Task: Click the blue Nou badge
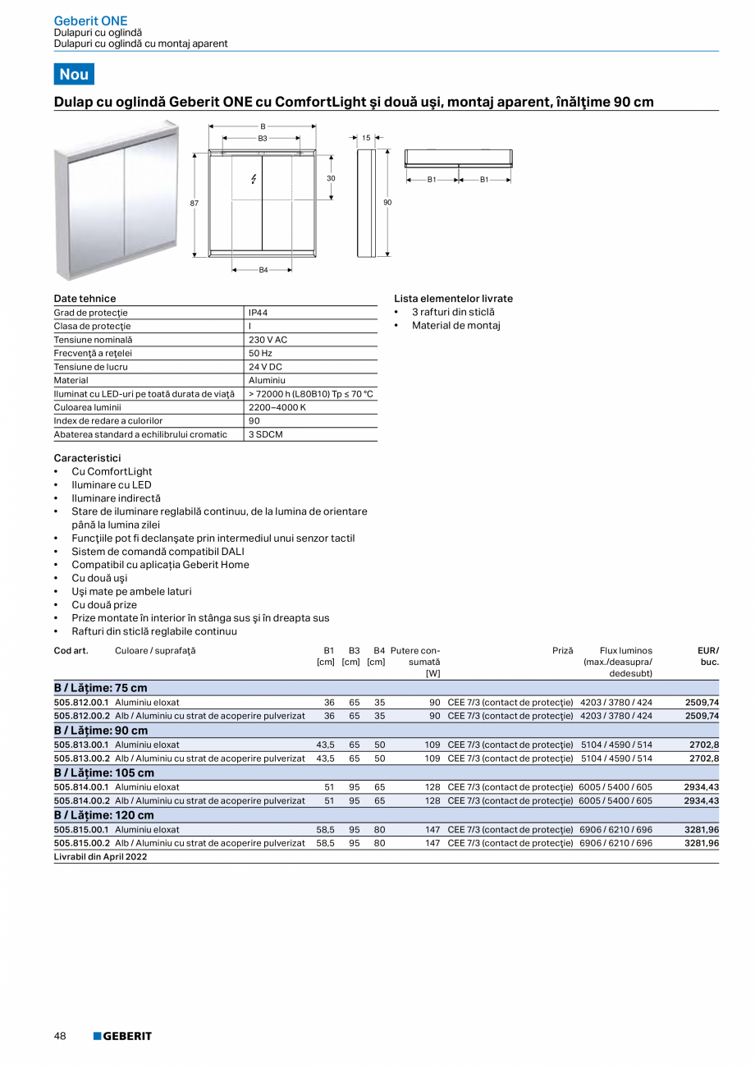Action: pos(74,74)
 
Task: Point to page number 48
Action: pos(60,1036)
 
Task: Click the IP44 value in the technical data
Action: pos(259,313)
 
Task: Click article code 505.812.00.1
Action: pos(82,703)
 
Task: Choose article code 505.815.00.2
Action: pos(82,843)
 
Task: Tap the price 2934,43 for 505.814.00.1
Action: pos(701,787)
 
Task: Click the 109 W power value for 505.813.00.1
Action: pos(432,745)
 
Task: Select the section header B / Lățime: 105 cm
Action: pos(104,773)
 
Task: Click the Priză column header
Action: pos(562,651)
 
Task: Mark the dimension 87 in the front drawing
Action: pos(194,202)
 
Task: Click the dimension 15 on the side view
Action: pos(366,138)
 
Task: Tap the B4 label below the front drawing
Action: pos(263,270)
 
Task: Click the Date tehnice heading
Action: pos(85,299)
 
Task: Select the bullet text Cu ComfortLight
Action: pos(112,472)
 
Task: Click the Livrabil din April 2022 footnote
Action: pos(101,857)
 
